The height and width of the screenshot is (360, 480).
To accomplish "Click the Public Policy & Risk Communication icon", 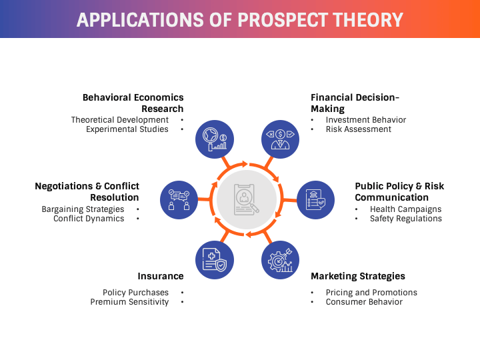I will (315, 200).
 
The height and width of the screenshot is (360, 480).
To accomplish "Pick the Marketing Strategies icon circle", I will (280, 260).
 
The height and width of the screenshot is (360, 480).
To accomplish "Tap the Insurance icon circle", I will (215, 260).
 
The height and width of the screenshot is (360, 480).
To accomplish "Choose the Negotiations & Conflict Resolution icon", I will (179, 200).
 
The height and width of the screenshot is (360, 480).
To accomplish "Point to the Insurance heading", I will (160, 276).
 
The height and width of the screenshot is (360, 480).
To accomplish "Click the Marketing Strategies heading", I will (358, 276).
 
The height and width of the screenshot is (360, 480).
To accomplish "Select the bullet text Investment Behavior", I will (366, 120).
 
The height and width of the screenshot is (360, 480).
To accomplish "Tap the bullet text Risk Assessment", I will (359, 129).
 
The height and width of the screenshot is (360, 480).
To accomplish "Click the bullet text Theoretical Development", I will (120, 120).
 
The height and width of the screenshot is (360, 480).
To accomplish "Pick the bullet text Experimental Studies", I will (127, 129).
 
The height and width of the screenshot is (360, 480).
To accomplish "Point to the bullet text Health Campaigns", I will (406, 209).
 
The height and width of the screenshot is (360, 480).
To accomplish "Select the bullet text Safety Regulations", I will (406, 219).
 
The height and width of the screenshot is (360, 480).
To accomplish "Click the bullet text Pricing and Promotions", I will (371, 293).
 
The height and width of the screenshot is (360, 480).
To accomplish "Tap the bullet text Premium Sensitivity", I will (129, 302).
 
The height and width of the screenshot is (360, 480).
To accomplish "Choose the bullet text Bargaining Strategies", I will (83, 209).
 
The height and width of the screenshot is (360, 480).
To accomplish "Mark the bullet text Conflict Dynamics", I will (89, 219).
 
